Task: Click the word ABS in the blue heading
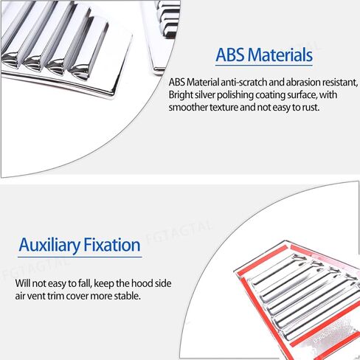point(230,55)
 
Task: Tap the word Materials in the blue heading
point(280,55)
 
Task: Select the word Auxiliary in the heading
point(49,245)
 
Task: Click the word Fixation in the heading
point(112,245)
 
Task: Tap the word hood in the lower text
point(142,283)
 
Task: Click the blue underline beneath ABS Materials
point(264,66)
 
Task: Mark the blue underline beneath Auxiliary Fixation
point(80,257)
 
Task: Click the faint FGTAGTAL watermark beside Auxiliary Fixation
point(179,232)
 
